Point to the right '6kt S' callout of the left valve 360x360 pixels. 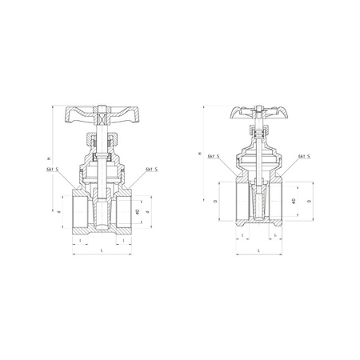(x=151, y=170)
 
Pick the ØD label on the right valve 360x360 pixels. (x=294, y=198)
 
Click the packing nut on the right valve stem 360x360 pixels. (x=259, y=138)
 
